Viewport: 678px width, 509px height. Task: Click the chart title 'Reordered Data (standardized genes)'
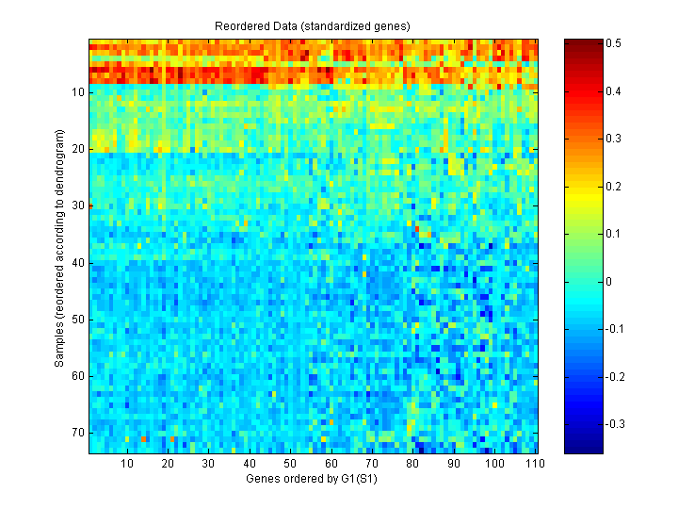point(313,25)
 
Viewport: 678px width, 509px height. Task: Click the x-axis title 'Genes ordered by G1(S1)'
point(313,479)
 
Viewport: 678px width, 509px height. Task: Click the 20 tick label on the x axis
point(168,464)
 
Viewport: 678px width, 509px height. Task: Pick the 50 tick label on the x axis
point(290,464)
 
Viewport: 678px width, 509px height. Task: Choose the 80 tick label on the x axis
point(412,464)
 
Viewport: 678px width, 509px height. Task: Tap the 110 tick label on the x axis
point(534,464)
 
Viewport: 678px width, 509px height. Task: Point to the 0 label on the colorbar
point(608,281)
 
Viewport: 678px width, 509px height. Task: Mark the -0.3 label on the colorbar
point(617,424)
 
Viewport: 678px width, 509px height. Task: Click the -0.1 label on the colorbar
point(617,329)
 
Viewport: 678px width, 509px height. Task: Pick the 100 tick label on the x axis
point(493,464)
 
